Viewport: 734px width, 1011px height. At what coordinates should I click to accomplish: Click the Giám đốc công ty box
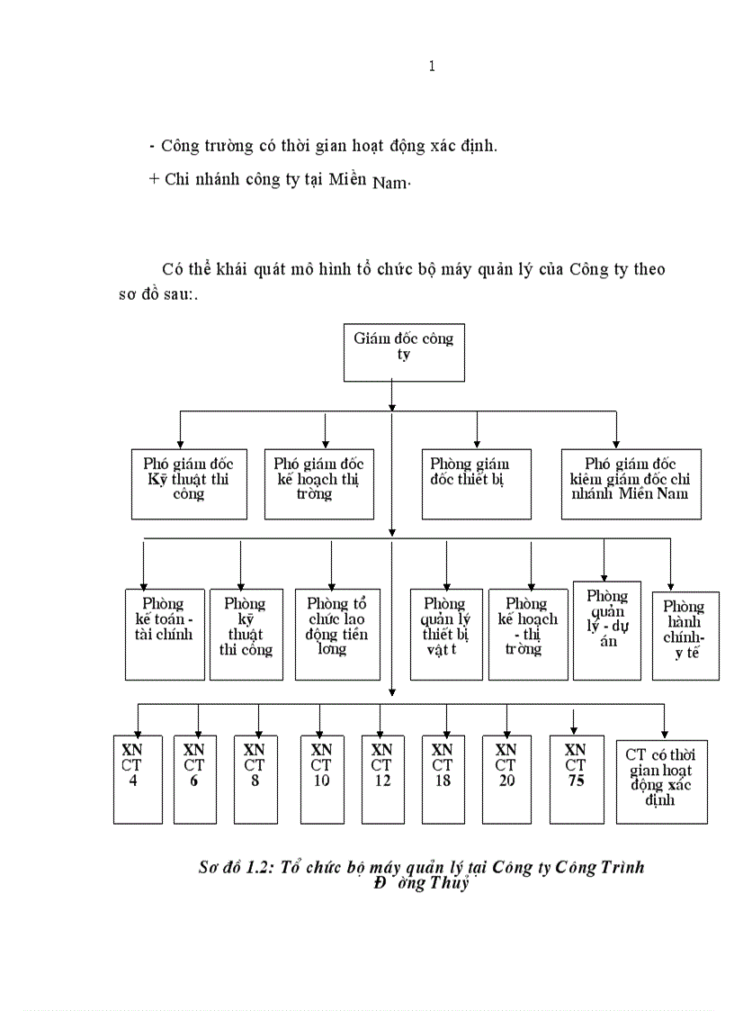[391, 351]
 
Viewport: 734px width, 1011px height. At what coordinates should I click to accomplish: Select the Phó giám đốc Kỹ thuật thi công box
[189, 483]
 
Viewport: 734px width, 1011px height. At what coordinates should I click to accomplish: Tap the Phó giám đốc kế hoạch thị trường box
[319, 483]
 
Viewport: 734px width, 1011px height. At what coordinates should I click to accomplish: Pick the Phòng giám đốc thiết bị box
[476, 483]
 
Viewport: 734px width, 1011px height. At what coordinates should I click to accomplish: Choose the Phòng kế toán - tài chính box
[165, 634]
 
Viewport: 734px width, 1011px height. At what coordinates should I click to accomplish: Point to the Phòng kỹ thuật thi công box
[246, 634]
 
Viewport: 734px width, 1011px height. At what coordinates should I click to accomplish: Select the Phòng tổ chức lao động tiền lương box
[337, 634]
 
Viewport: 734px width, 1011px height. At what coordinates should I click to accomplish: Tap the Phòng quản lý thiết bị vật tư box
[445, 634]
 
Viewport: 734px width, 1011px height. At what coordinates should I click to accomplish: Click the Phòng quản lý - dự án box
[607, 629]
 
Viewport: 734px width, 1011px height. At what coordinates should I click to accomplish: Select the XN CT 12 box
[382, 779]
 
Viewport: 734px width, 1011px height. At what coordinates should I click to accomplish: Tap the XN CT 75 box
[576, 779]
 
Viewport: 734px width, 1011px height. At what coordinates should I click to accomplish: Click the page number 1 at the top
[433, 66]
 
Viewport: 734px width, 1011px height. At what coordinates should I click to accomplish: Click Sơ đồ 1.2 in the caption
[229, 867]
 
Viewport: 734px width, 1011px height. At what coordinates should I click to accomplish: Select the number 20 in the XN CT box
[506, 781]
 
